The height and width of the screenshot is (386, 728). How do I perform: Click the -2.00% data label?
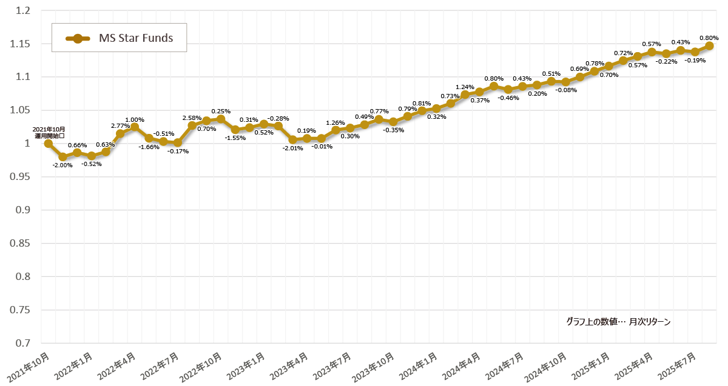click(x=62, y=165)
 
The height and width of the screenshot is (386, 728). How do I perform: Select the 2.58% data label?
click(x=192, y=118)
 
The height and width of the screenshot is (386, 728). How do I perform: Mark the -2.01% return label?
click(x=292, y=148)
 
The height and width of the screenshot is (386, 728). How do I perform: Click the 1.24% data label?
click(x=465, y=87)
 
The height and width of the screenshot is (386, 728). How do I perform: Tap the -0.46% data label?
click(x=508, y=98)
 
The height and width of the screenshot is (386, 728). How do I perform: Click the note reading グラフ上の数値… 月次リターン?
click(x=618, y=322)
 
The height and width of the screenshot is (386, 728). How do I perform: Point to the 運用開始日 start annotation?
click(x=49, y=133)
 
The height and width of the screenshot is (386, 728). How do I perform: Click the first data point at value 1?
click(x=48, y=144)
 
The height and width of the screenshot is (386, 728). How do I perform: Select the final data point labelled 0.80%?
click(x=709, y=46)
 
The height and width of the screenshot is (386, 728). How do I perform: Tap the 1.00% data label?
click(x=134, y=120)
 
